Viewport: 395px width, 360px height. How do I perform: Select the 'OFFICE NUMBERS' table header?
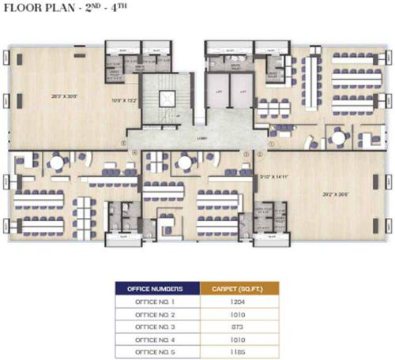pyautogui.click(x=158, y=287)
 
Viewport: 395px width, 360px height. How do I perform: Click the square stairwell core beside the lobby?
pyautogui.click(x=167, y=99)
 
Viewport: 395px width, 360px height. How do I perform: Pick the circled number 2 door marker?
pyautogui.click(x=248, y=155)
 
